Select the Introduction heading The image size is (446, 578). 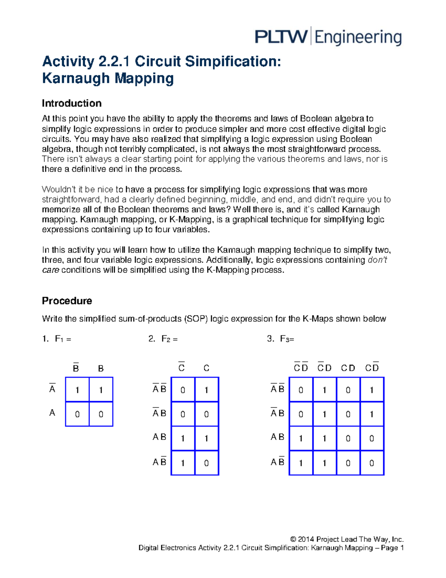coord(72,103)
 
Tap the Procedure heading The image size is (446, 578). coord(67,301)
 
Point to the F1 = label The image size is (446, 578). coord(63,339)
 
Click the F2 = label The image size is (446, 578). coord(169,339)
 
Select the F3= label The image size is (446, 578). coord(287,339)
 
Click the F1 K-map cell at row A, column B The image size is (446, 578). coord(101,414)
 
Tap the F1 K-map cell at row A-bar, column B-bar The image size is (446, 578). coord(77,390)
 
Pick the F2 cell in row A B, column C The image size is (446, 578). coord(206,438)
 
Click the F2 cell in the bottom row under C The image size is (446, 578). coord(206,463)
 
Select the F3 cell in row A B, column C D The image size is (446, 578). coord(348,438)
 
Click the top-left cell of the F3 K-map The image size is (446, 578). coord(301,390)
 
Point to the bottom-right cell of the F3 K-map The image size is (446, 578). coord(372,463)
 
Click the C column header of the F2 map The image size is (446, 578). coord(206,368)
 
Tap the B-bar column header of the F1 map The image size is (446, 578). coord(76,368)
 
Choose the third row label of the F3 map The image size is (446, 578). coord(277,437)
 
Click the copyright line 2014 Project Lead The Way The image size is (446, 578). coord(346,539)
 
